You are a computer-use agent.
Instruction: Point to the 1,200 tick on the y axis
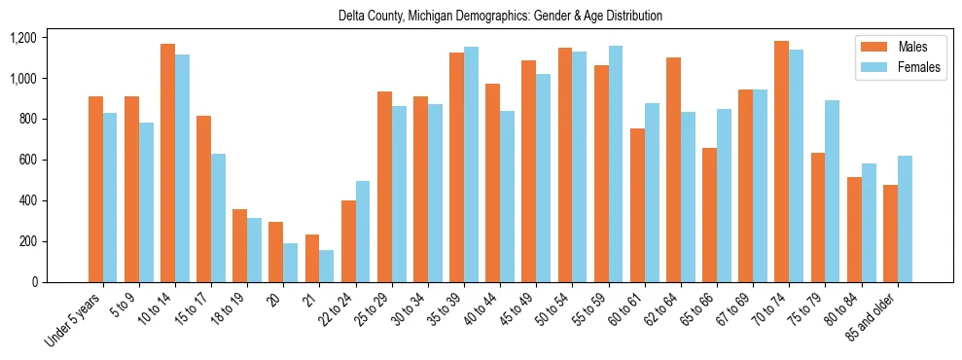(22, 38)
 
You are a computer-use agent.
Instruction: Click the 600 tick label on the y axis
(27, 160)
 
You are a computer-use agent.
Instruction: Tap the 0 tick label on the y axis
(33, 282)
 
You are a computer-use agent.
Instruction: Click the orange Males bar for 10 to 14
(167, 163)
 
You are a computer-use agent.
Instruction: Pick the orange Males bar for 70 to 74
(781, 162)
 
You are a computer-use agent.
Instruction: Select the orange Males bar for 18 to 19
(239, 245)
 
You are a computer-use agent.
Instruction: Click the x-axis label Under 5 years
(73, 319)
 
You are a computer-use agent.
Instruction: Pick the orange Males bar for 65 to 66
(709, 215)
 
